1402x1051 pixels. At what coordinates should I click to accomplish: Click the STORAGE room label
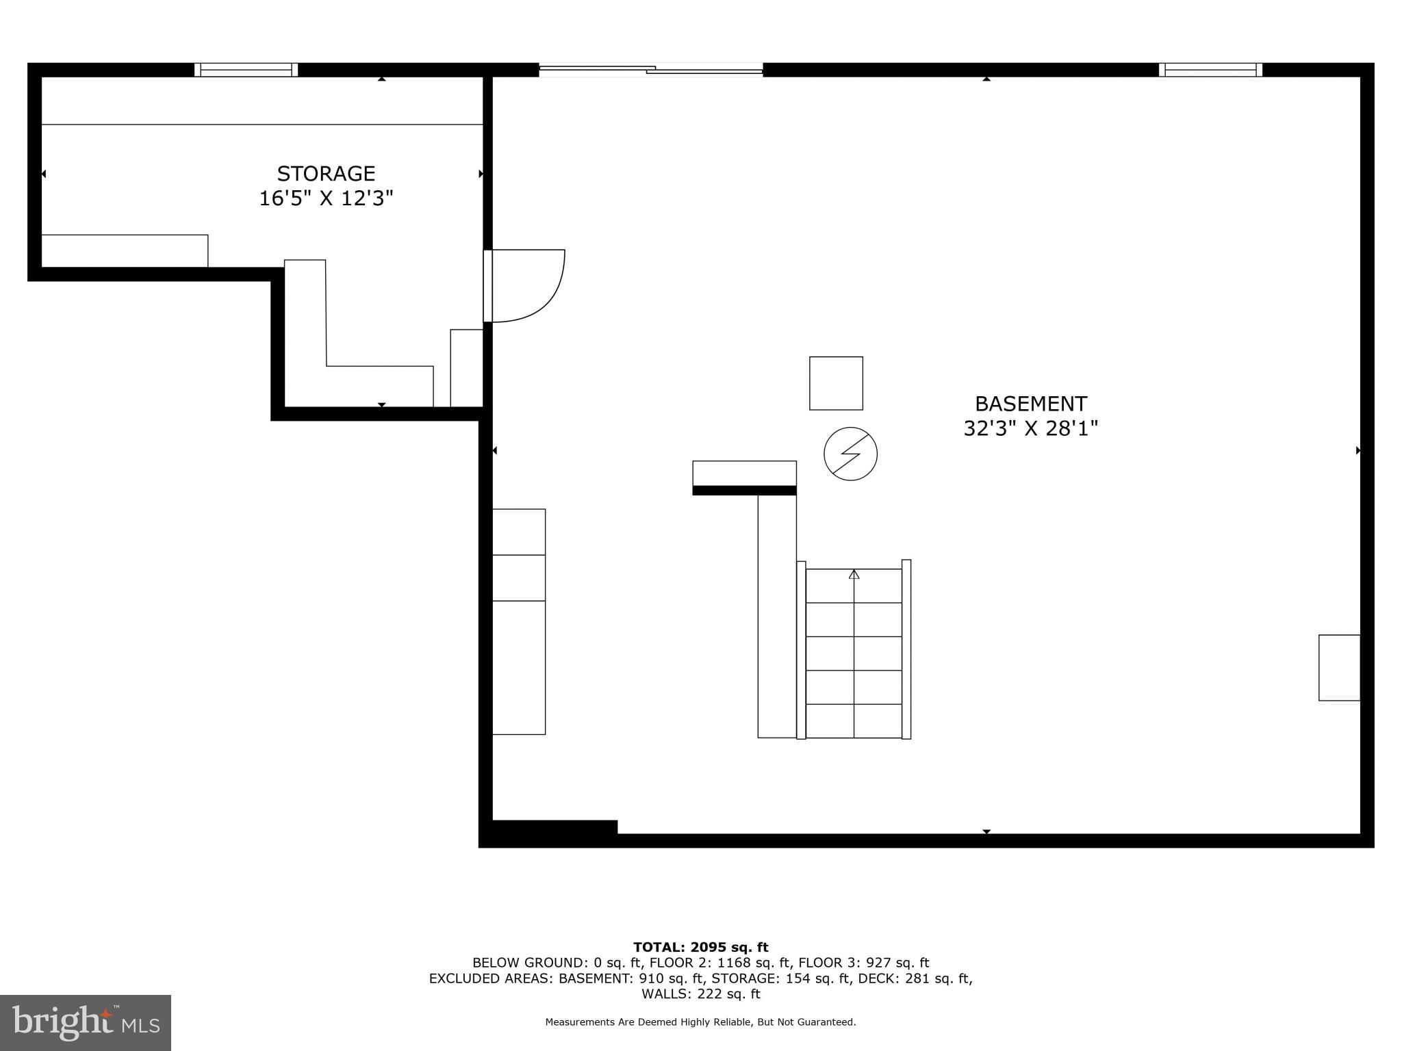pyautogui.click(x=326, y=174)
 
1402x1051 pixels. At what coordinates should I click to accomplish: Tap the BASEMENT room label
pyautogui.click(x=1030, y=404)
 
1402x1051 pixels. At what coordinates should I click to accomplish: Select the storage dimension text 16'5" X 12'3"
pyautogui.click(x=326, y=199)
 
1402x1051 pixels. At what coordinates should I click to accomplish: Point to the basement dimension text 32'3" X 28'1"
pyautogui.click(x=1030, y=429)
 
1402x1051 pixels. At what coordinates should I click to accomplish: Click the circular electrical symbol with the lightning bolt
pyautogui.click(x=850, y=454)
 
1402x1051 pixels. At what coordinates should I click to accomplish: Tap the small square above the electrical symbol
pyautogui.click(x=836, y=383)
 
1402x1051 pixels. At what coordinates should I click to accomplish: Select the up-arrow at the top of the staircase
pyautogui.click(x=854, y=575)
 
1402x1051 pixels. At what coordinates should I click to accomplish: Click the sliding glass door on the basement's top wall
pyautogui.click(x=650, y=69)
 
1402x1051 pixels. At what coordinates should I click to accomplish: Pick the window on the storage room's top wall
pyautogui.click(x=246, y=69)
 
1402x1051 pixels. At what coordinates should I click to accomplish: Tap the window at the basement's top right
pyautogui.click(x=1210, y=69)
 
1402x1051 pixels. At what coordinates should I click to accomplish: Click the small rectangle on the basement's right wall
pyautogui.click(x=1339, y=668)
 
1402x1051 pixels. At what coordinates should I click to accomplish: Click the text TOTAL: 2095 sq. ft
pyautogui.click(x=700, y=947)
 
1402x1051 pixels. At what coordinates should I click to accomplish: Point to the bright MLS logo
pyautogui.click(x=86, y=1022)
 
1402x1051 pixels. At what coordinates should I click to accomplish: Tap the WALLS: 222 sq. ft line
pyautogui.click(x=700, y=994)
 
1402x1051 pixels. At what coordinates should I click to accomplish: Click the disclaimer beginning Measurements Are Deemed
pyautogui.click(x=700, y=1022)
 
